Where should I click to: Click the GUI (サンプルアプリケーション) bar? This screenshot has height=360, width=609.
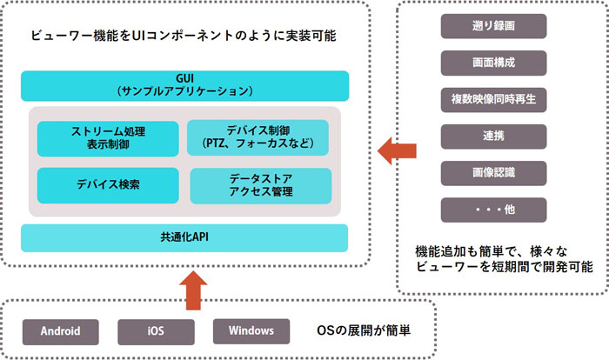(184, 86)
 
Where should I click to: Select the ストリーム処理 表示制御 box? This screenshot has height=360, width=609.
(108, 138)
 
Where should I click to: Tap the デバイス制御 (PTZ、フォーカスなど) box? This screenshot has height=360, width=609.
(258, 137)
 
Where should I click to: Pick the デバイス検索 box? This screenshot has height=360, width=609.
(108, 185)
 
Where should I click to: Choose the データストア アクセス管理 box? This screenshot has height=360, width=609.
(261, 185)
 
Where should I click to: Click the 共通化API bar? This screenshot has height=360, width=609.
(184, 237)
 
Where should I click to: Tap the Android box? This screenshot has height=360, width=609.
(61, 332)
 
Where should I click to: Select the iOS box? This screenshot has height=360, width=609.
(156, 332)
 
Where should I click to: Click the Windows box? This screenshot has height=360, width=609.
(251, 331)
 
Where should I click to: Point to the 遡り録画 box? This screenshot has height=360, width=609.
(493, 26)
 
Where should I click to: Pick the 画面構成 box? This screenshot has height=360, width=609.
(493, 63)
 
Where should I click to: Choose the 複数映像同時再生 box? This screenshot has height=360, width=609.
(493, 100)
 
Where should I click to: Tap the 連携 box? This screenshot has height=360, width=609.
(493, 137)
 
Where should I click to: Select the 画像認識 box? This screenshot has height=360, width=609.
(493, 173)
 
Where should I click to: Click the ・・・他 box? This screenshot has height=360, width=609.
(493, 210)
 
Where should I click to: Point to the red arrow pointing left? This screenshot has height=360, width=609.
(397, 151)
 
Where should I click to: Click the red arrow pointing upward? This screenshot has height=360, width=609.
(193, 290)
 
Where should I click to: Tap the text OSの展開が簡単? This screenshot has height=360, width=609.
(364, 330)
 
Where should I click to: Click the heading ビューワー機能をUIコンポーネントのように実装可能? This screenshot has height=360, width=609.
(184, 36)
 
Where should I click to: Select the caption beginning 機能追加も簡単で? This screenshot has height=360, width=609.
(504, 259)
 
